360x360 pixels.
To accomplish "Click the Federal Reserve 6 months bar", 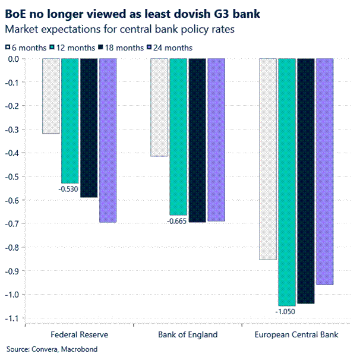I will click(50, 96).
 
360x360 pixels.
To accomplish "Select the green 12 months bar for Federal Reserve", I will click(70, 121).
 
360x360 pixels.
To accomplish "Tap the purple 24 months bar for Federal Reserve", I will click(108, 140).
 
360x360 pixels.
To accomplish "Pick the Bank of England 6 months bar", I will click(159, 108).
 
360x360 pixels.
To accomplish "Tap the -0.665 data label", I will click(178, 222).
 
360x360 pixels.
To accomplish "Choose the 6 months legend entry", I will click(26, 48).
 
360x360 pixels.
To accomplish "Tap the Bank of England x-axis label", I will click(188, 334).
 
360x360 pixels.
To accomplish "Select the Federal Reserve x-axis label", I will click(79, 334).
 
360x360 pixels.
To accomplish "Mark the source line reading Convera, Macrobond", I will click(52, 350).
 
